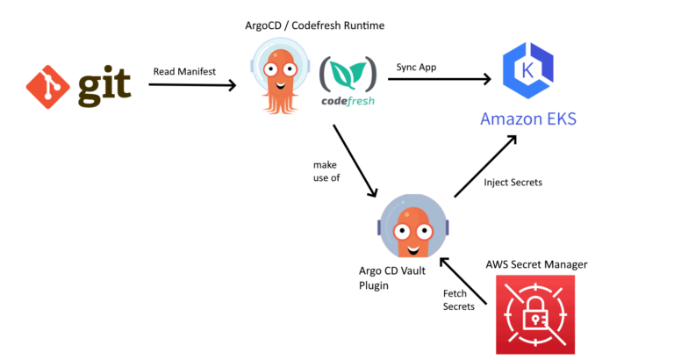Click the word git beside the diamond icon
click(x=104, y=86)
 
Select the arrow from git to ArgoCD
click(x=192, y=85)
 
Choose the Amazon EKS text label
click(x=527, y=119)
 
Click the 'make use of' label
click(x=326, y=171)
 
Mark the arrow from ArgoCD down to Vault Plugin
click(x=355, y=162)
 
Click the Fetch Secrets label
click(x=459, y=299)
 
